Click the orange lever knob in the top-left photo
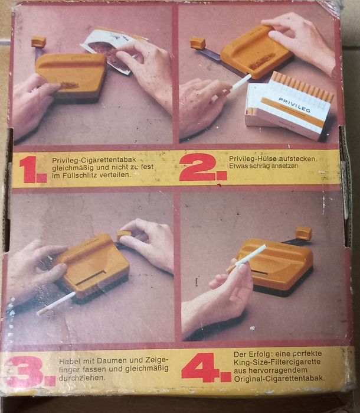[38, 41]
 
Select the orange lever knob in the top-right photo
[198, 43]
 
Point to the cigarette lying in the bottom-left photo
[55, 303]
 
